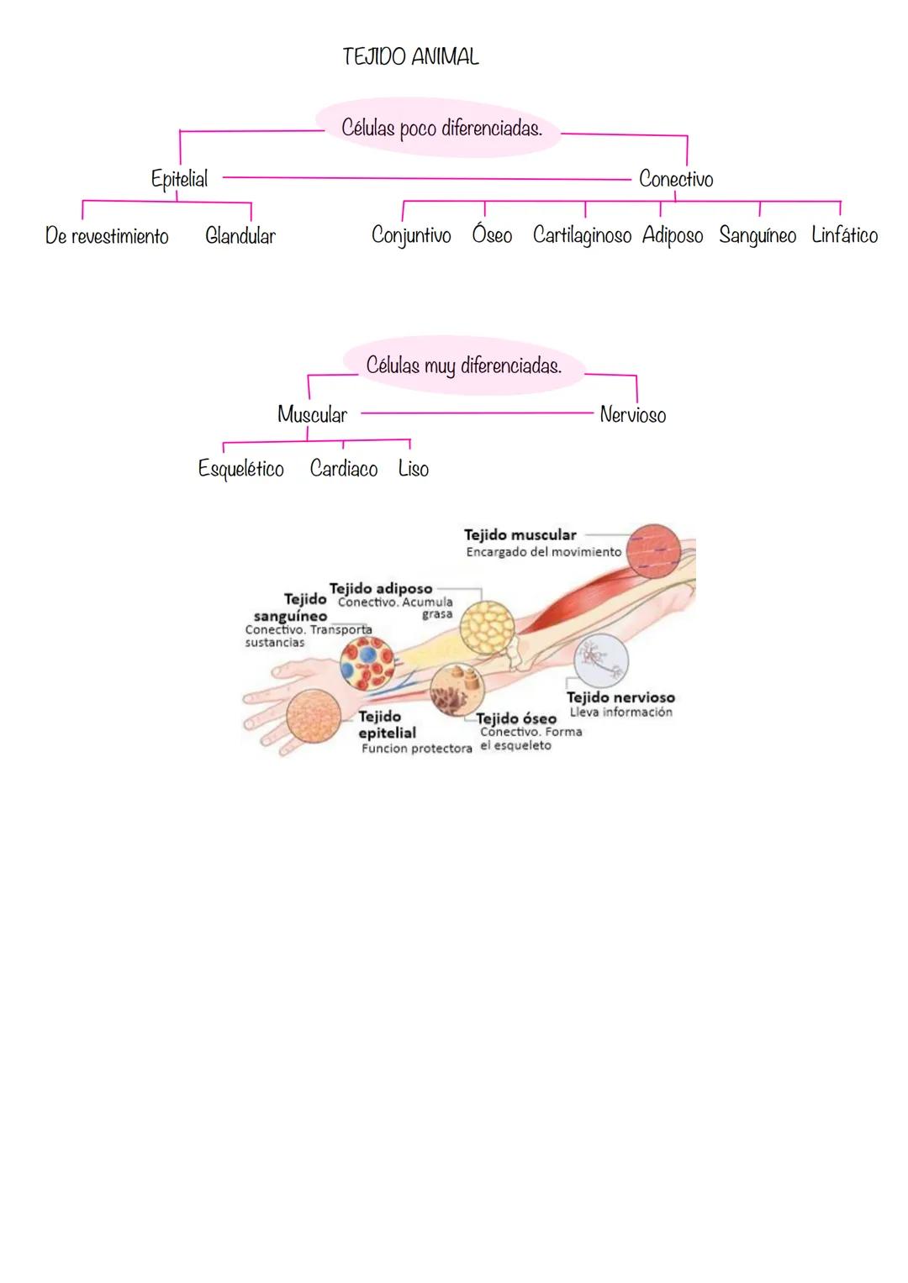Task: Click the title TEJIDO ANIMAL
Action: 410,57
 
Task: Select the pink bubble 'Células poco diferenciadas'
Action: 441,129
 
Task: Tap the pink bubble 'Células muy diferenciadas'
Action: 463,366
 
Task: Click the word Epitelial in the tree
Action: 179,179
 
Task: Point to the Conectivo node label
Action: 676,179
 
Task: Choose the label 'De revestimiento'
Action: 107,236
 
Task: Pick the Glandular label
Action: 240,236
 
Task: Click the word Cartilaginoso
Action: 582,235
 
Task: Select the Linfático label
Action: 844,235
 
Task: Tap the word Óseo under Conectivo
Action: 492,235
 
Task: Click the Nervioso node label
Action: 633,414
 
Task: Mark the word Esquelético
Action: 241,469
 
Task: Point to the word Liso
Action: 414,469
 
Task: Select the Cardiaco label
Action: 344,469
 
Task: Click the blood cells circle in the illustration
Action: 367,661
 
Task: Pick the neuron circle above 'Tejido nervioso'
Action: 600,660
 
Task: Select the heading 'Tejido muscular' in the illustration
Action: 520,535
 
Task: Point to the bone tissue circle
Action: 457,690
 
